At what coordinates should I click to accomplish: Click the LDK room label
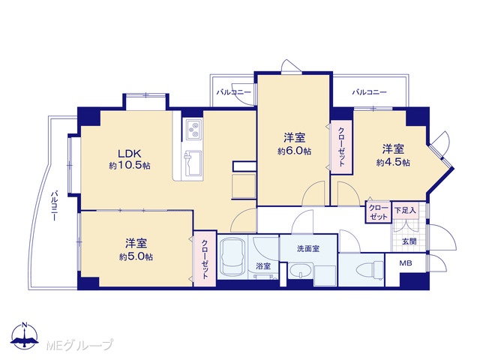pos(130,153)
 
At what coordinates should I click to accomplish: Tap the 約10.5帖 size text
pos(130,166)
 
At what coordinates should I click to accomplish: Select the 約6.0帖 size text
pos(294,151)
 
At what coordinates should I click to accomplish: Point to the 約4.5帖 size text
pos(393,162)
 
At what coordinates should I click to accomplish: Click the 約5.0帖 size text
pos(136,256)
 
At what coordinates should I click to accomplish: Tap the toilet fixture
pos(370,270)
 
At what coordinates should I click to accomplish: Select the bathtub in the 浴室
pos(233,256)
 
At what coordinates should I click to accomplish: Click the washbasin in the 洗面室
pos(300,271)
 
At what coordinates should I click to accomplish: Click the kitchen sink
pos(193,163)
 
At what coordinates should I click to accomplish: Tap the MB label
pos(406,263)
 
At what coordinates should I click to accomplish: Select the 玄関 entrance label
pos(409,241)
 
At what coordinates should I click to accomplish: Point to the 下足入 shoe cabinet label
pos(405,210)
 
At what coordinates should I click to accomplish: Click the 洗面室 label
pos(308,249)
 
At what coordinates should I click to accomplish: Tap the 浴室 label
pos(263,266)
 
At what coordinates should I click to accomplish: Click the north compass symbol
pos(25,336)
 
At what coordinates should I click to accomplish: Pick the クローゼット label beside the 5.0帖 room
pos(205,259)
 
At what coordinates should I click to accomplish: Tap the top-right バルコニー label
pos(369,92)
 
